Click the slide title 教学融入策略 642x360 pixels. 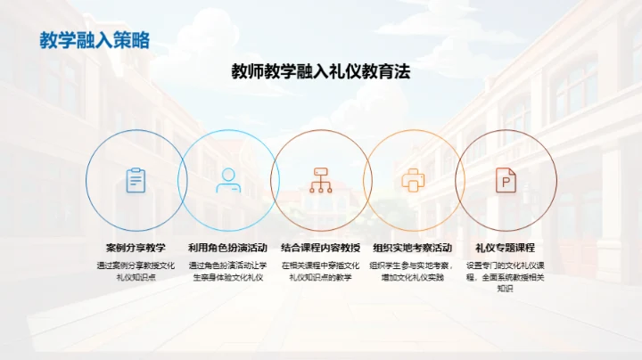coord(95,40)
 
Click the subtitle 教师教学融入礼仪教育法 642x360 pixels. coord(321,72)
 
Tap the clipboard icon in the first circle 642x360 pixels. coord(136,180)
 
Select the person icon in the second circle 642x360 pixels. coord(228,180)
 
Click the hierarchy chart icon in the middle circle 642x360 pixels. coord(320,180)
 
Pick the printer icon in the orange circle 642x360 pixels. coord(413,180)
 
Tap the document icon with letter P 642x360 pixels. coord(506,180)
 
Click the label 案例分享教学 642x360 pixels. coord(136,248)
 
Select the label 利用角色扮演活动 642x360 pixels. coord(228,248)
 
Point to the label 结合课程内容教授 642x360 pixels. coord(321,248)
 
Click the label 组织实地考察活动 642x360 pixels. coord(413,248)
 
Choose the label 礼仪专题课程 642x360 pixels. coord(506,248)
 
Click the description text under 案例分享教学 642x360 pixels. coord(136,271)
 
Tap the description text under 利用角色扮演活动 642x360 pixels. coord(228,271)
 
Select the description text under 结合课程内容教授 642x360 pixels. coord(321,271)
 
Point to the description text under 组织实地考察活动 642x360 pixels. coord(413,271)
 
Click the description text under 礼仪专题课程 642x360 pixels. coord(506,277)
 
